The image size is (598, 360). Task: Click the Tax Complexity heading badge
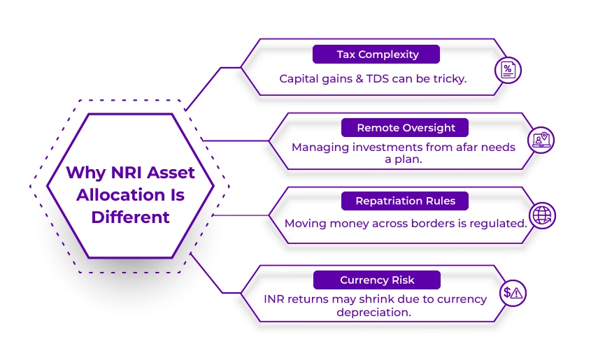point(376,55)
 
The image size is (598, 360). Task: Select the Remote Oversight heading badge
point(406,128)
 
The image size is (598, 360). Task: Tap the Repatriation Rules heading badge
point(405,201)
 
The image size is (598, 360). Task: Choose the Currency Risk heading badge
point(377,280)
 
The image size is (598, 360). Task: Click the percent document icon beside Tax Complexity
point(508,70)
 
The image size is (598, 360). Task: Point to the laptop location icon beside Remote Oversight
point(540,141)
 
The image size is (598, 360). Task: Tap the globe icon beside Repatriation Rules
point(543,215)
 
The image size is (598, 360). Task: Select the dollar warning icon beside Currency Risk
point(513,294)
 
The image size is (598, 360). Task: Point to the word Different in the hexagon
point(130,217)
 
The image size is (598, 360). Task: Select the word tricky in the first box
point(448,78)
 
